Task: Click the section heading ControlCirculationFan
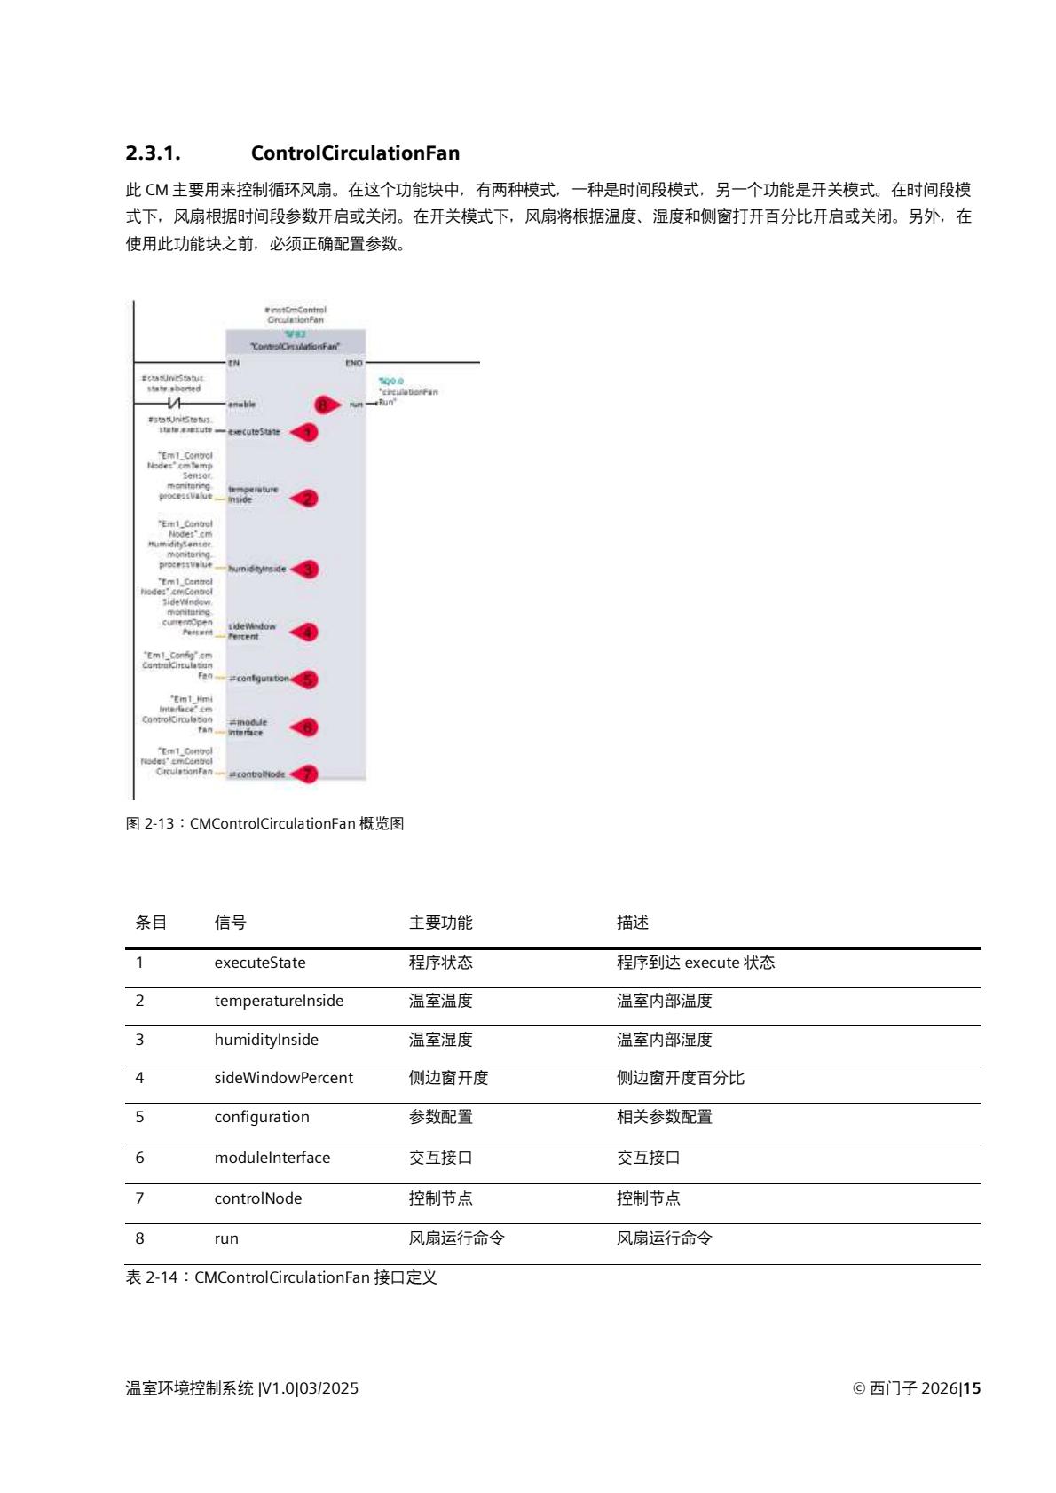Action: (x=355, y=153)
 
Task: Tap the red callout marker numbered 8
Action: (x=326, y=404)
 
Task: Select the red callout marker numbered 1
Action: (x=305, y=432)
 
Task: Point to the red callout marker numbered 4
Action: (x=305, y=632)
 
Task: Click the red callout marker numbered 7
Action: (x=305, y=774)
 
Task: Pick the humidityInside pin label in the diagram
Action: (x=257, y=570)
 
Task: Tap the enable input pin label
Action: (x=241, y=405)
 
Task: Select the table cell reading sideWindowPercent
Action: (x=283, y=1078)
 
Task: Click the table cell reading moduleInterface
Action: (x=272, y=1158)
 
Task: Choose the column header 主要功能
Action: (x=440, y=923)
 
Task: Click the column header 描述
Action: (x=633, y=923)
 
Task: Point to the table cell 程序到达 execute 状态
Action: (x=696, y=963)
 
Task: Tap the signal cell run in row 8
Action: (x=226, y=1238)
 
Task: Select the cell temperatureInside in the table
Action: (x=279, y=1001)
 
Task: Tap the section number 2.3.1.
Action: (x=153, y=153)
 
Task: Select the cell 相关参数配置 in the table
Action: (x=664, y=1117)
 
